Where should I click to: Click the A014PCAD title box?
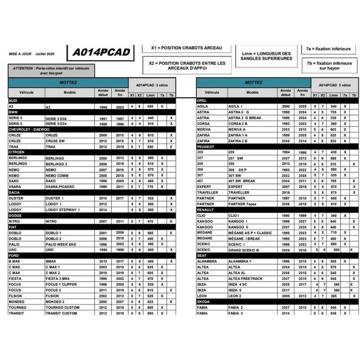(101, 52)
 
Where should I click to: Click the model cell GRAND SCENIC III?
(243, 250)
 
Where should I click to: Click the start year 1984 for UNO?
(103, 250)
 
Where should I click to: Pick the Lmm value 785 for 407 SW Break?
(333, 181)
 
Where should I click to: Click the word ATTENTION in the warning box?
(23, 68)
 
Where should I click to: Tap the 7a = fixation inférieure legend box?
(328, 48)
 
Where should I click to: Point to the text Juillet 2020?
(45, 54)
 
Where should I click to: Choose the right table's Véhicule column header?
(212, 92)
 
